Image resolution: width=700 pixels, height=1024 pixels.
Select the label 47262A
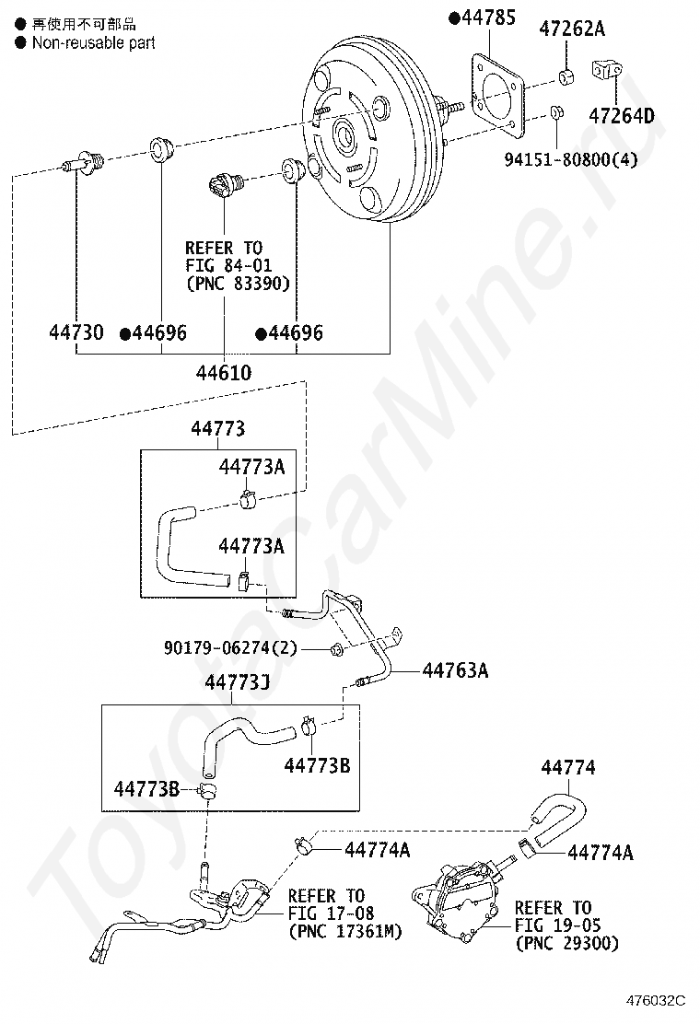(571, 29)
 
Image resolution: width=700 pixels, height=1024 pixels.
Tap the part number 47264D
(622, 116)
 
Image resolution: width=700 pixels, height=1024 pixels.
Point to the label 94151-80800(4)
(570, 158)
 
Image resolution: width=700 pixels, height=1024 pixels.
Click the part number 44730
(76, 332)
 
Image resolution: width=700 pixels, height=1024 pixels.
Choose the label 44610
(224, 372)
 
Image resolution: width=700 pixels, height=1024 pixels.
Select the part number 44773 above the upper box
(218, 428)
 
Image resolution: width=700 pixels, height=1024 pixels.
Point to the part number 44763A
(455, 670)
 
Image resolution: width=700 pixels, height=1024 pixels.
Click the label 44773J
(236, 682)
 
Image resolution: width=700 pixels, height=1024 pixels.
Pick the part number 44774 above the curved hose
(568, 767)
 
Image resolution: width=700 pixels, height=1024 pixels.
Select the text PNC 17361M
(345, 932)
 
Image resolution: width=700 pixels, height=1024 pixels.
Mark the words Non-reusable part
(93, 42)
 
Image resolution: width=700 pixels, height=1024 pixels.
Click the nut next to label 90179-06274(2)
(336, 651)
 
